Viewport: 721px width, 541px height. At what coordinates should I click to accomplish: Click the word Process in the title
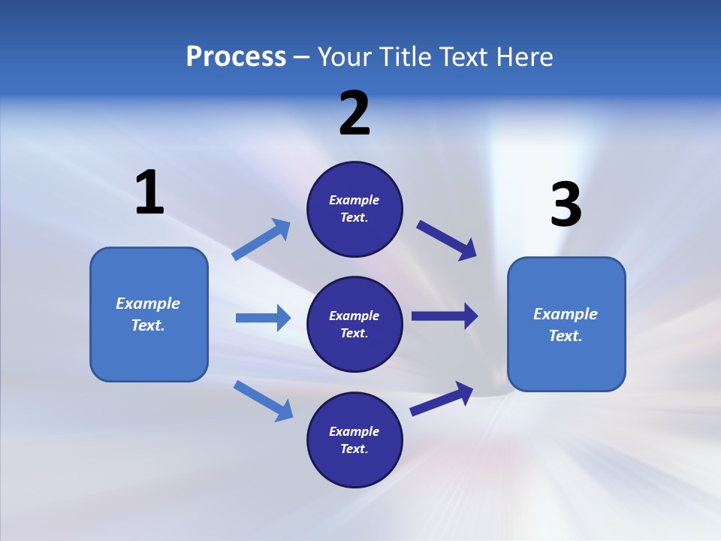click(236, 57)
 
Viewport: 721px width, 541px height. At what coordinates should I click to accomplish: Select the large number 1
click(149, 193)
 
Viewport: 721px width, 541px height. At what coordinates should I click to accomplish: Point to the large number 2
click(354, 113)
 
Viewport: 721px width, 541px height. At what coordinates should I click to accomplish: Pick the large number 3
click(566, 205)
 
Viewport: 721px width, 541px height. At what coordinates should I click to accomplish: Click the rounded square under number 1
click(149, 314)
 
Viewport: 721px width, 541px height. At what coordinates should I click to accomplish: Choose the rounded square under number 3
click(566, 324)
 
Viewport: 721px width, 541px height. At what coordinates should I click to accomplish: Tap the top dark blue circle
click(354, 209)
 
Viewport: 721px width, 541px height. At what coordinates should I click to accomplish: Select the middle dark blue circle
click(354, 324)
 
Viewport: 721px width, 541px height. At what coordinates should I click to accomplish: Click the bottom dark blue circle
click(354, 440)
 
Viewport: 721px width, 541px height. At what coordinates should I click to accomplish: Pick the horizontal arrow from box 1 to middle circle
click(263, 318)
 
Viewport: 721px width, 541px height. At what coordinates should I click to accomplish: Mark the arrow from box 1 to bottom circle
click(263, 400)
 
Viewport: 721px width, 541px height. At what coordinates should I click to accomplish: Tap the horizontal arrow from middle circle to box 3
click(445, 316)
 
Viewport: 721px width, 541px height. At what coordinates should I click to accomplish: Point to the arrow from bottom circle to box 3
click(442, 398)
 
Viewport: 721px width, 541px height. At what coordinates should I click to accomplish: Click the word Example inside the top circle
click(354, 200)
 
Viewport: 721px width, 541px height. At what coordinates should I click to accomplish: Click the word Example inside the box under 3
click(566, 314)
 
